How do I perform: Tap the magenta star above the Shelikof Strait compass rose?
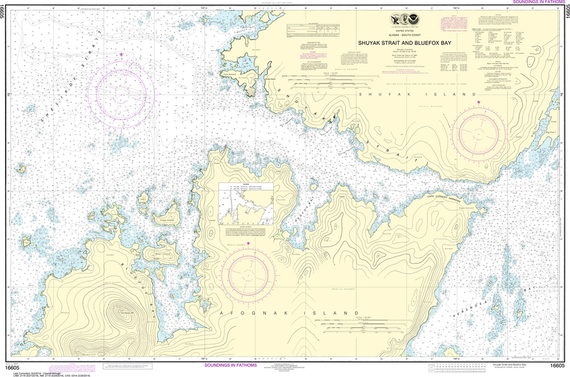[122, 54]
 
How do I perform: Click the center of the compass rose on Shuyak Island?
[479, 133]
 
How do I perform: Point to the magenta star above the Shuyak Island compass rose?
[479, 102]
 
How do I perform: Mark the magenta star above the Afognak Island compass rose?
[248, 244]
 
